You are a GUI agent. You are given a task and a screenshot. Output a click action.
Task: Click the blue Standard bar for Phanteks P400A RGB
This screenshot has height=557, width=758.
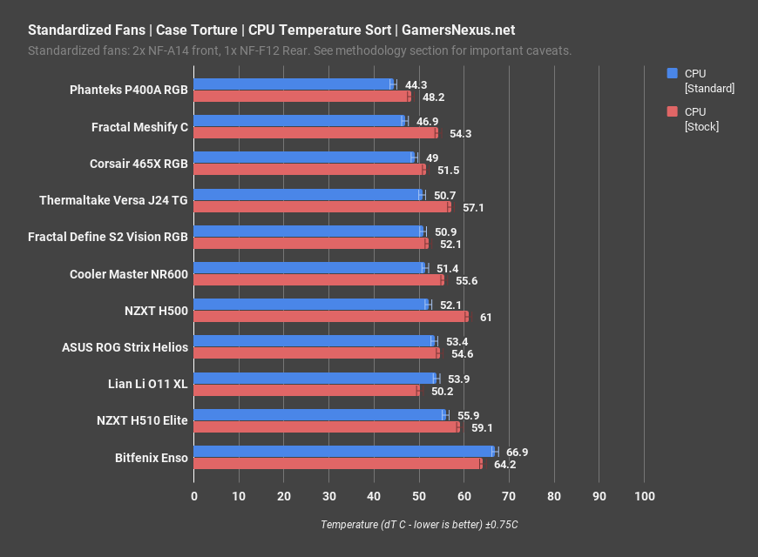pyautogui.click(x=292, y=84)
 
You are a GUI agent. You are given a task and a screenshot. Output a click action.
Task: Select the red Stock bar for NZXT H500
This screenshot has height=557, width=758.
pyautogui.click(x=330, y=317)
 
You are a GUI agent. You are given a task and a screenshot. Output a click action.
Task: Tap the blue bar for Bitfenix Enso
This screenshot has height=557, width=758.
pyautogui.click(x=343, y=451)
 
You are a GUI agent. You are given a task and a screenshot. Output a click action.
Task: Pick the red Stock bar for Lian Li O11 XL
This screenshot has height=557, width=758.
pyautogui.click(x=306, y=391)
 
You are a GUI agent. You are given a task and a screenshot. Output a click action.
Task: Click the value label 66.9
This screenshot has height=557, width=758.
pyautogui.click(x=518, y=452)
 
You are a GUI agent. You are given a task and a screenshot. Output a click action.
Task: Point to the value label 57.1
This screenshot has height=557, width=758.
pyautogui.click(x=473, y=208)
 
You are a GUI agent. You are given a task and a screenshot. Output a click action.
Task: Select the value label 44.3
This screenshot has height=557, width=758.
pyautogui.click(x=416, y=84)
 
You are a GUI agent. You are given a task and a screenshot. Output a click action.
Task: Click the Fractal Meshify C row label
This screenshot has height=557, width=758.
pyautogui.click(x=139, y=127)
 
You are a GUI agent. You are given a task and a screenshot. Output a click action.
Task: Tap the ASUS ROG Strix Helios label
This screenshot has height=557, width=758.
pyautogui.click(x=125, y=347)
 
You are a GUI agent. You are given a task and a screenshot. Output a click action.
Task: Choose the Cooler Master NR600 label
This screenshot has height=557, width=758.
pyautogui.click(x=129, y=274)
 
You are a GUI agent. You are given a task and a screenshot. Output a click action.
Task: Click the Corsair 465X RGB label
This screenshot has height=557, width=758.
pyautogui.click(x=139, y=164)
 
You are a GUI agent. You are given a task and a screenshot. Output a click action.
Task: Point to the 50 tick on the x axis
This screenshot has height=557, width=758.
pyautogui.click(x=419, y=495)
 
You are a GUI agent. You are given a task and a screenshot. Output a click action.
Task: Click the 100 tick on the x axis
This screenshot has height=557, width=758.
pyautogui.click(x=644, y=495)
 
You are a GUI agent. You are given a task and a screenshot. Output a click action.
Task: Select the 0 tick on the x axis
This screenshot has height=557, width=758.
pyautogui.click(x=194, y=495)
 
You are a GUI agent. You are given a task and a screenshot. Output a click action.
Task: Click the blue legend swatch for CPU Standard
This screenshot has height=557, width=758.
pyautogui.click(x=672, y=74)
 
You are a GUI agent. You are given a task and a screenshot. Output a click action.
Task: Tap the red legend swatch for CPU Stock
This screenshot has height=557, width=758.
pyautogui.click(x=672, y=111)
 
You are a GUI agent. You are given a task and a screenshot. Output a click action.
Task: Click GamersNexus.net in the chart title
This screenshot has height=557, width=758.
pyautogui.click(x=458, y=30)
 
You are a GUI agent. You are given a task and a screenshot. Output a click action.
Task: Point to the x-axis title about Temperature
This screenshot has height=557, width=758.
pyautogui.click(x=419, y=525)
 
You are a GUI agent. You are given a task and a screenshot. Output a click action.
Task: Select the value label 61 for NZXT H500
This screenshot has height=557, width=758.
pyautogui.click(x=486, y=318)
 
